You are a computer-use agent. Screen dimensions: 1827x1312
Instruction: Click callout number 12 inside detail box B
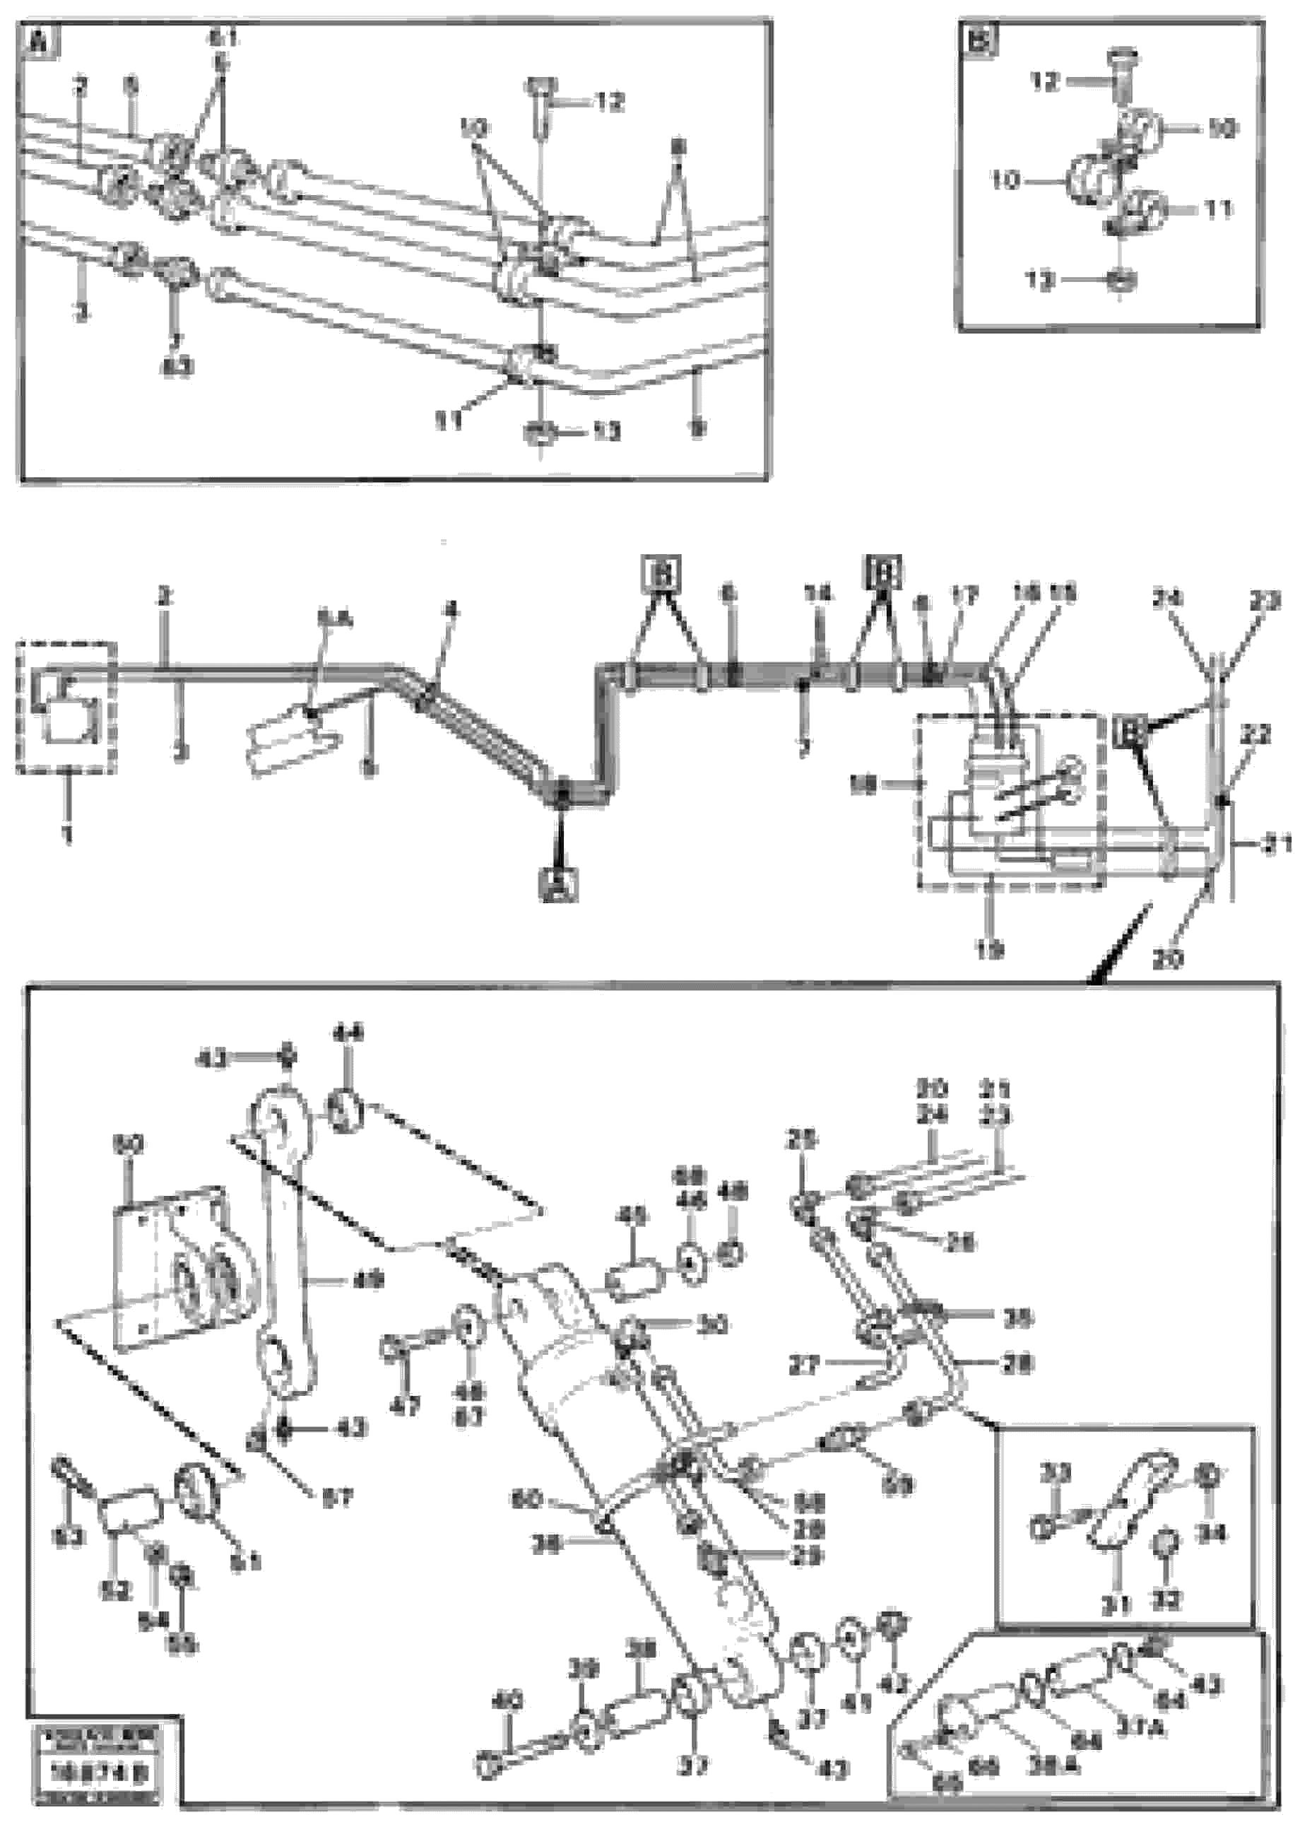pyautogui.click(x=1045, y=81)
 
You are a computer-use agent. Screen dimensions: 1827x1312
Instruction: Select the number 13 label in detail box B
pyautogui.click(x=1040, y=281)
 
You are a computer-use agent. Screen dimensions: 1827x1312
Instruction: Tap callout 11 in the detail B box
pyautogui.click(x=1219, y=209)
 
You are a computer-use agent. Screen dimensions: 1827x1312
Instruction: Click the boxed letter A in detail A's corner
pyautogui.click(x=39, y=42)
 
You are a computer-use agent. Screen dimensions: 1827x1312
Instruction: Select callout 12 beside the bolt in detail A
pyautogui.click(x=610, y=102)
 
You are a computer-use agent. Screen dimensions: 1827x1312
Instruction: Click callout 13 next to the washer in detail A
pyautogui.click(x=605, y=432)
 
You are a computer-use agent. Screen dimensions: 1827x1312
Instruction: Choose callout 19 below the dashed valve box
pyautogui.click(x=989, y=950)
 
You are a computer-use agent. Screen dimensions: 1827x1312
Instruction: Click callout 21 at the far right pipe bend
pyautogui.click(x=1277, y=845)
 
